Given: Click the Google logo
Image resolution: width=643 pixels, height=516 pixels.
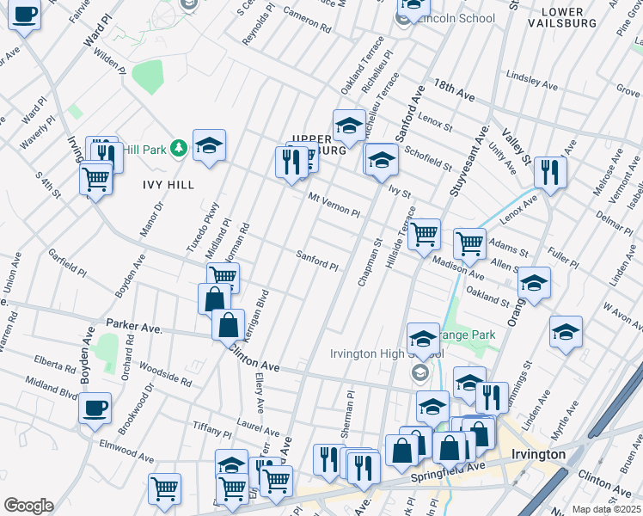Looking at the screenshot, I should pyautogui.click(x=28, y=505).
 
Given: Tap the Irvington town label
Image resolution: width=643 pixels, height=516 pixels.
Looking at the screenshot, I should pyautogui.click(x=537, y=454).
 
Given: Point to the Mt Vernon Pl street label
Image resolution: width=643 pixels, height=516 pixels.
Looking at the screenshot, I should pyautogui.click(x=334, y=205).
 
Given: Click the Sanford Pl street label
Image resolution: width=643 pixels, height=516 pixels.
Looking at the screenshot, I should pyautogui.click(x=317, y=261).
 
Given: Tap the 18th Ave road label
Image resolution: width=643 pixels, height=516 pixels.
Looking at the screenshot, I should pyautogui.click(x=455, y=88).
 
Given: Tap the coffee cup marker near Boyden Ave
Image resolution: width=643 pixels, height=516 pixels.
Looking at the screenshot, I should pyautogui.click(x=95, y=407).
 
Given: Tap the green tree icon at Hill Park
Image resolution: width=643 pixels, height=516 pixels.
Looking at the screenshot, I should pyautogui.click(x=179, y=148).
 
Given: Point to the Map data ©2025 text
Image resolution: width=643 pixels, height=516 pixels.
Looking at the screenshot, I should pyautogui.click(x=605, y=509).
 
